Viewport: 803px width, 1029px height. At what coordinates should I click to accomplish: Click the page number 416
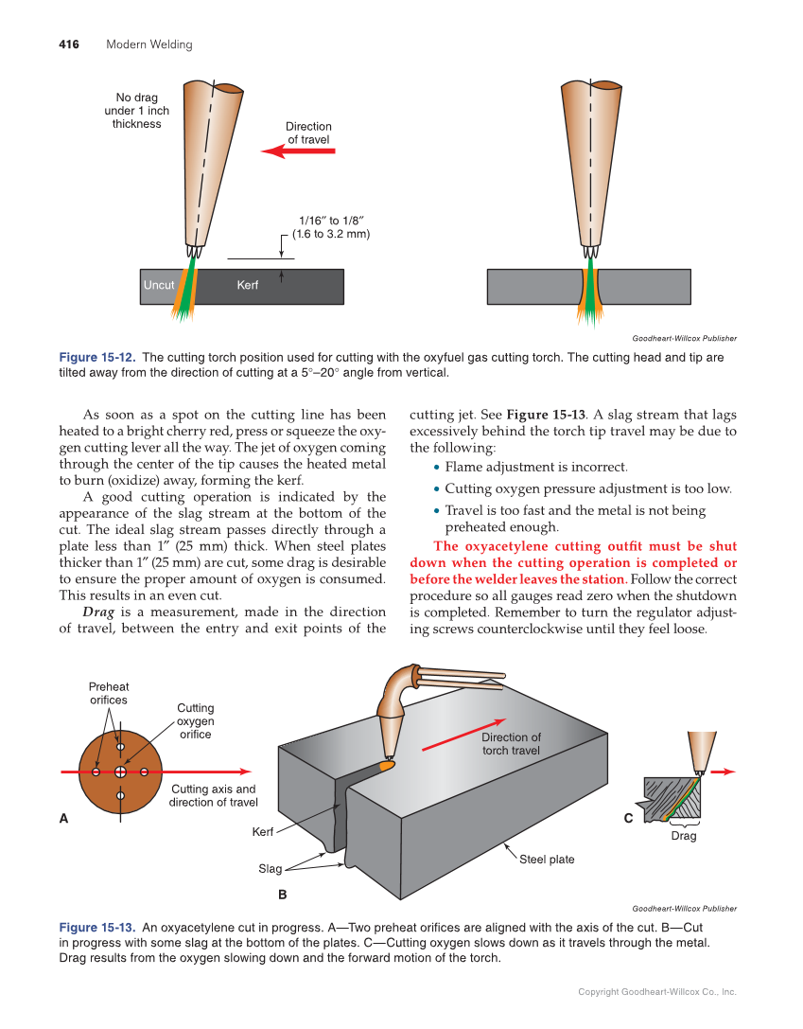coord(69,44)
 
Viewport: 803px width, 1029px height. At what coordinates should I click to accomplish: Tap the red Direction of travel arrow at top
coord(297,151)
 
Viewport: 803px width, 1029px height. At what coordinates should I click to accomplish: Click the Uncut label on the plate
coord(159,285)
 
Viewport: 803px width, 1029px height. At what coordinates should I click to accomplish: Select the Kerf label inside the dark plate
coord(247,285)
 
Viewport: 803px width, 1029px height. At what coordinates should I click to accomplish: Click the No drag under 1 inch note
coord(137,110)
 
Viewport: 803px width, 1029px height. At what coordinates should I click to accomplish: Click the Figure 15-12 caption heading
coord(97,358)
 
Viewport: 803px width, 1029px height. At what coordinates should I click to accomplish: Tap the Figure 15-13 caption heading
coord(97,928)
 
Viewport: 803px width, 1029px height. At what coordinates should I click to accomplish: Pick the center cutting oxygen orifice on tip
coord(120,772)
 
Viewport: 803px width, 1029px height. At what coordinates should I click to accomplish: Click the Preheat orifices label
coord(109,693)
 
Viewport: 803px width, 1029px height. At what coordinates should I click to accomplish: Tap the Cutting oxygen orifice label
coord(196,720)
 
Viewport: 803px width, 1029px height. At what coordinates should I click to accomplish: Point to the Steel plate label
coord(547,860)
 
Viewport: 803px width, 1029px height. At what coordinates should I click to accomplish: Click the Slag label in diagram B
coord(270,868)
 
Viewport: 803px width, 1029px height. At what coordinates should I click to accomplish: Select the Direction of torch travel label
coord(511,744)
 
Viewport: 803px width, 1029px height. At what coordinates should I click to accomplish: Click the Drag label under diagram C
coord(683,836)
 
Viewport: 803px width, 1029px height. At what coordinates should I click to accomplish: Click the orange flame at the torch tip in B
coord(387,763)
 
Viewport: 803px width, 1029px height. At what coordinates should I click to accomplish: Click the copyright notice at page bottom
coord(656,992)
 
